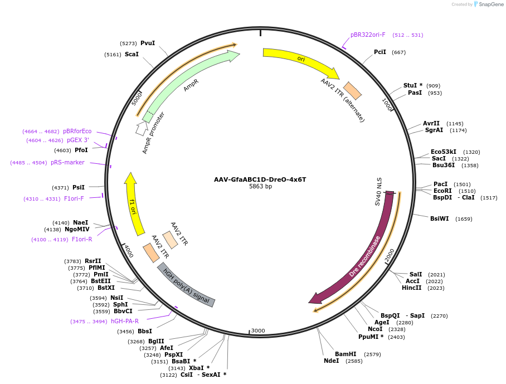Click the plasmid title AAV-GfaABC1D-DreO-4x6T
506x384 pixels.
(260, 179)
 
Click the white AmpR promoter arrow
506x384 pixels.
(142, 128)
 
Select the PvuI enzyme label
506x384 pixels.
(148, 43)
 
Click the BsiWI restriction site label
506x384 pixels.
(439, 219)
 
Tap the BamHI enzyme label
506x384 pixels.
(346, 354)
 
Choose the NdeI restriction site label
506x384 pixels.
(332, 361)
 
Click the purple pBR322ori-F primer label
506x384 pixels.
(368, 35)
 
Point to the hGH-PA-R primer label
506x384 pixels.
(125, 321)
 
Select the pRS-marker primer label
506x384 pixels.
(67, 163)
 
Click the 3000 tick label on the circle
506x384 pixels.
(257, 330)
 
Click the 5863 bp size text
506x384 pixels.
(260, 187)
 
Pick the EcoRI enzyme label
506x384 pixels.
(442, 191)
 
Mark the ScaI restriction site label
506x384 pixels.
(132, 54)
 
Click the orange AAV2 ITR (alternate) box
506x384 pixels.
(352, 91)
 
